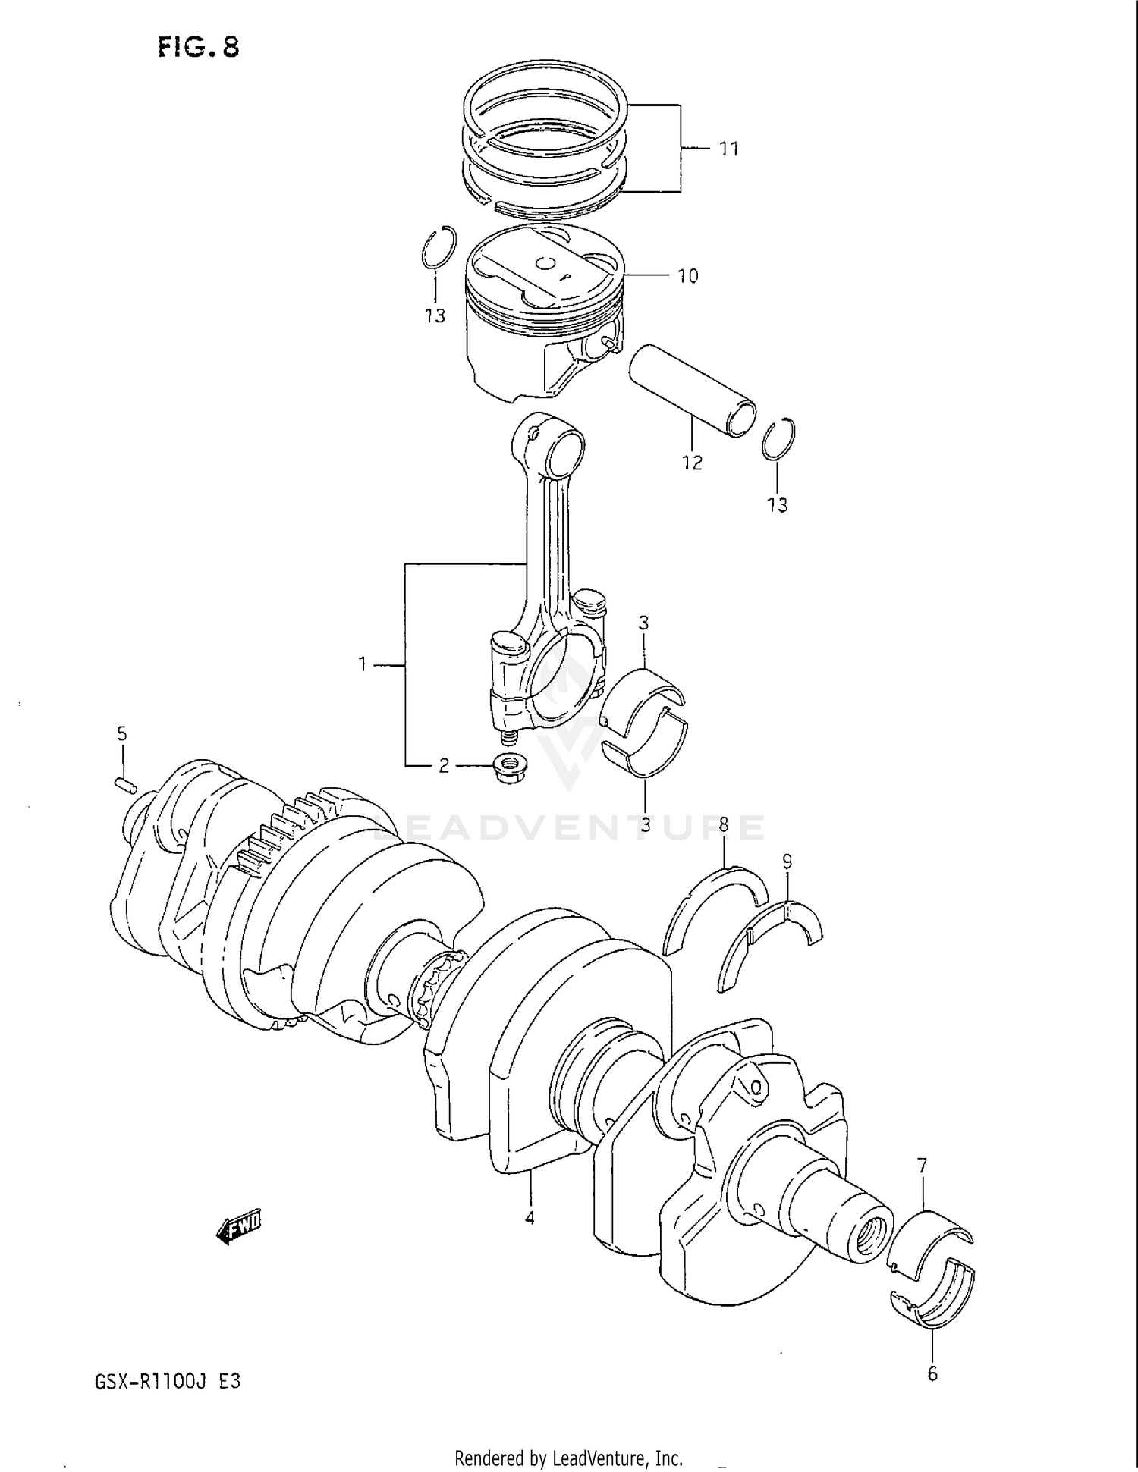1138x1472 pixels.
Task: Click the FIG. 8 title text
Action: tap(199, 48)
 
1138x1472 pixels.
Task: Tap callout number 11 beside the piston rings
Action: tap(728, 149)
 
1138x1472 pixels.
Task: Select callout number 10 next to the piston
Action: tap(687, 276)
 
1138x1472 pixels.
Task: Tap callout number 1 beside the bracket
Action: tap(363, 665)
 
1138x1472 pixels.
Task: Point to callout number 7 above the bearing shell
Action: tap(922, 1166)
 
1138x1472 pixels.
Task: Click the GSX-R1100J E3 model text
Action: tap(168, 1381)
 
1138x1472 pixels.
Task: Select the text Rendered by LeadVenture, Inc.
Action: tap(568, 1457)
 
